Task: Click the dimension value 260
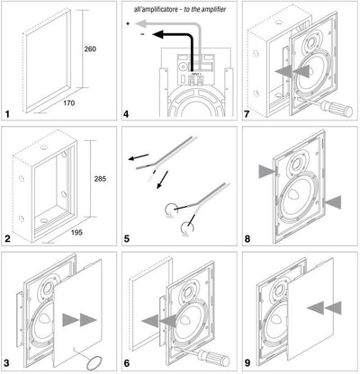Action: (x=90, y=49)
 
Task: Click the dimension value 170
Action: (x=69, y=103)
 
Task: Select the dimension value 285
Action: (x=100, y=179)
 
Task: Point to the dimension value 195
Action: (x=76, y=232)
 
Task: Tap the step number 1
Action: (x=7, y=114)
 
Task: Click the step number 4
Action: (x=126, y=114)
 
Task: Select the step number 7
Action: (x=247, y=114)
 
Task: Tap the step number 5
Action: (x=127, y=239)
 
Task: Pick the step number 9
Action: (x=247, y=363)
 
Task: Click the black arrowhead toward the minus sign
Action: (x=157, y=34)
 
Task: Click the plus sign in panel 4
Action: (x=128, y=23)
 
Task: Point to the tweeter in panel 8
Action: (x=298, y=163)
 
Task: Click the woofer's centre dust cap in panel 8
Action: (x=293, y=195)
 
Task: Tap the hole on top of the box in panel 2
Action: (x=44, y=147)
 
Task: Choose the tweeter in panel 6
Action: (x=190, y=291)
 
